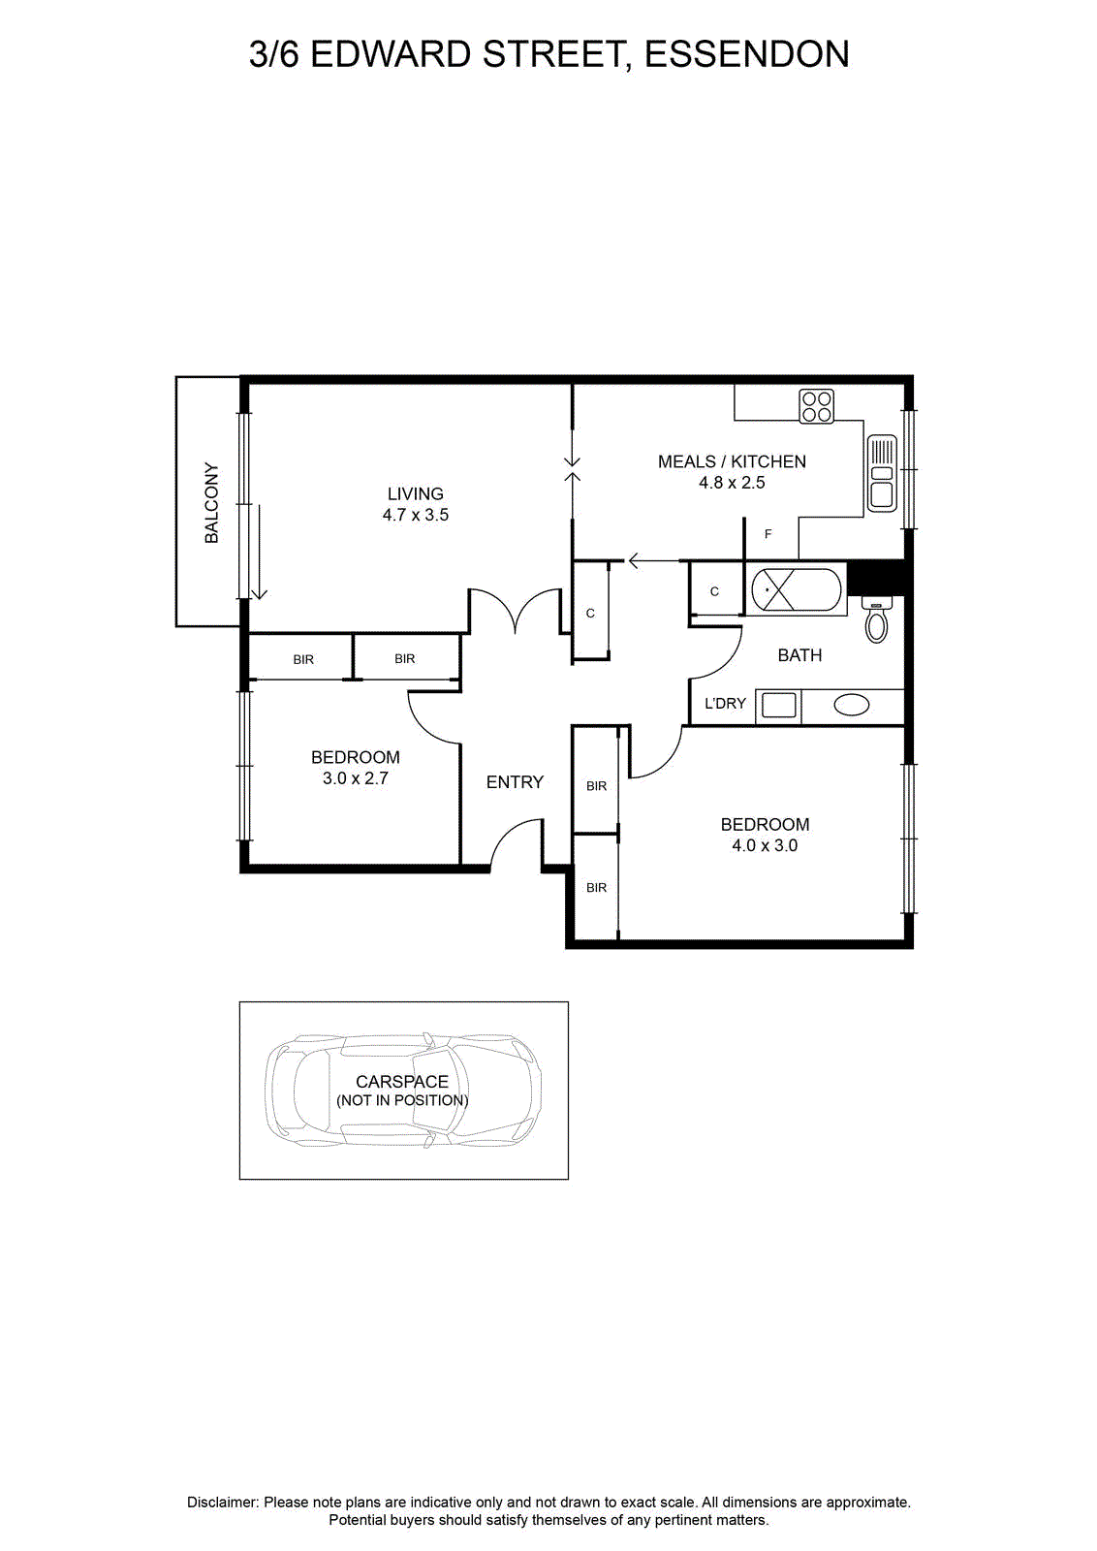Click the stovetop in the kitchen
coord(816,406)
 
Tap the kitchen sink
coord(882,473)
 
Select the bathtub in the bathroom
coord(797,590)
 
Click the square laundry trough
coord(778,707)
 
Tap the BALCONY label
coord(211,503)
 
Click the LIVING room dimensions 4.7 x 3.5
coord(416,515)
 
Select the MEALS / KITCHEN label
coord(732,461)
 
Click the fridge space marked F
coord(768,534)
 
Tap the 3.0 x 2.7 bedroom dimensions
coord(355,778)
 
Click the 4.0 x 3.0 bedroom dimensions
coord(765,845)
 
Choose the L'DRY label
coord(725,704)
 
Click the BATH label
coord(799,655)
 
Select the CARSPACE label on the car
coord(402,1082)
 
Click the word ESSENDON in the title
coord(747,54)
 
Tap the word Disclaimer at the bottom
coord(222,1503)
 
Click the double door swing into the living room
coord(516,611)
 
